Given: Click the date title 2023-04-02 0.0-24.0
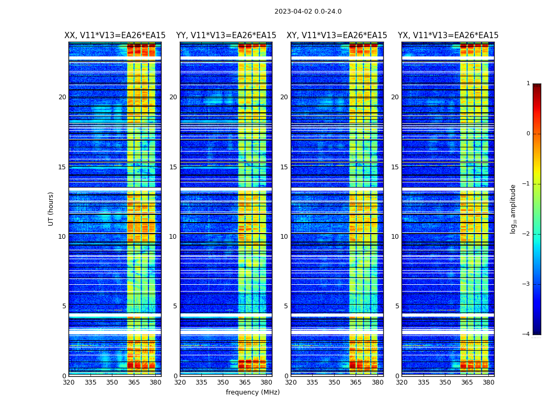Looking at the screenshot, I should pyautogui.click(x=308, y=11).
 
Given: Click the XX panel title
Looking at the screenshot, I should pyautogui.click(x=115, y=36).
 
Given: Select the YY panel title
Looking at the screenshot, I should pyautogui.click(x=226, y=36).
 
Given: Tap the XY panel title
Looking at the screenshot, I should pyautogui.click(x=337, y=36).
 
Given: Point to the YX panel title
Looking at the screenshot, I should pyautogui.click(x=448, y=36).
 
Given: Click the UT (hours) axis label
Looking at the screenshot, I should pyautogui.click(x=51, y=208).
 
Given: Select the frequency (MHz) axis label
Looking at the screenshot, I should pyautogui.click(x=253, y=392).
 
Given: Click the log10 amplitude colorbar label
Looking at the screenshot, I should pyautogui.click(x=513, y=209).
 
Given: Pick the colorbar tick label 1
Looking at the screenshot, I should pyautogui.click(x=528, y=84).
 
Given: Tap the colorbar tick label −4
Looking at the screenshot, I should pyautogui.click(x=527, y=334).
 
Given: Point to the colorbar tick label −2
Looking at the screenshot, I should pyautogui.click(x=527, y=234).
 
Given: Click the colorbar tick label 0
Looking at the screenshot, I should pyautogui.click(x=528, y=134).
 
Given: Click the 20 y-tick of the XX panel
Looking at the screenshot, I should pyautogui.click(x=62, y=97).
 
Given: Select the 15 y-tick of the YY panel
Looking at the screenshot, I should pyautogui.click(x=173, y=167).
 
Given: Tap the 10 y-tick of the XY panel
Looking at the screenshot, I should pyautogui.click(x=284, y=237).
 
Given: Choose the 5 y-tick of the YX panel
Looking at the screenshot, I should pyautogui.click(x=397, y=306).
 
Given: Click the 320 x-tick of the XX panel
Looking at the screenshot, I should pyautogui.click(x=68, y=382).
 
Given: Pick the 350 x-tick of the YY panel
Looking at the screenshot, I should pyautogui.click(x=223, y=382).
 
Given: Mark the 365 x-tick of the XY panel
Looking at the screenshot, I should pyautogui.click(x=356, y=382).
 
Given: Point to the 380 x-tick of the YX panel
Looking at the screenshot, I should pyautogui.click(x=488, y=382).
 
